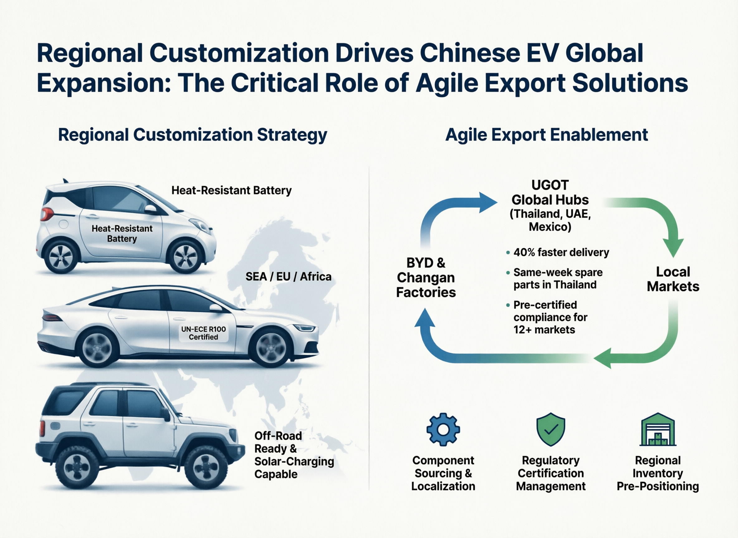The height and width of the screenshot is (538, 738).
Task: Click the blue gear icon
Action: (443, 429)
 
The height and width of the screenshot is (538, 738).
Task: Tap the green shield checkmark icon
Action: (551, 429)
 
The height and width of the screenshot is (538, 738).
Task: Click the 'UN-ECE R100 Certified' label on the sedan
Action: (204, 333)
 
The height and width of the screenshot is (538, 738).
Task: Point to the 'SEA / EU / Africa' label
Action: (288, 276)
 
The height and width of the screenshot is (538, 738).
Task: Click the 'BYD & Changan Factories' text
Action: (426, 277)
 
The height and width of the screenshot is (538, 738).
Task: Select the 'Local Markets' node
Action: (673, 279)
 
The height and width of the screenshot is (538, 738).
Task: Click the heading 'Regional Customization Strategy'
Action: (192, 135)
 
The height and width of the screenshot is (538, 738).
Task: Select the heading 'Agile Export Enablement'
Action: (547, 135)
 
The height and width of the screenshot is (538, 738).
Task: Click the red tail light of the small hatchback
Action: (47, 214)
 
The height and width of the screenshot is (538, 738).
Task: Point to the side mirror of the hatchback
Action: (151, 209)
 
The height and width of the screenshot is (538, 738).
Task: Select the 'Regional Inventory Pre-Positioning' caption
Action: (658, 473)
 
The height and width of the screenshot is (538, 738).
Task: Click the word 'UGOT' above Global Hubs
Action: (550, 185)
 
